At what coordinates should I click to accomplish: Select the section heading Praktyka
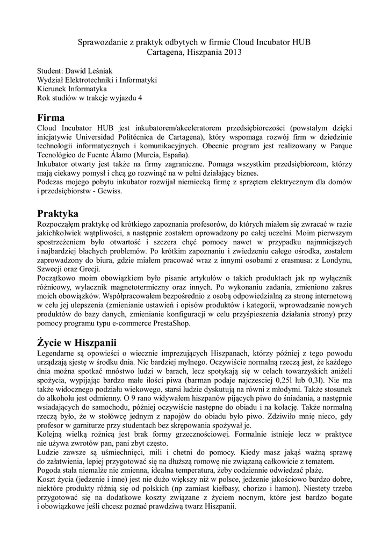(x=57, y=214)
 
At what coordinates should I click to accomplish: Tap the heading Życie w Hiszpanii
(x=76, y=342)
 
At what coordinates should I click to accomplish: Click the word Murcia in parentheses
(x=151, y=155)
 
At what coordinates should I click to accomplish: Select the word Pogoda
(x=50, y=472)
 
